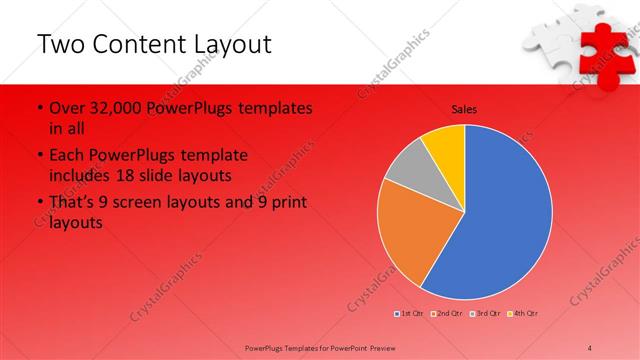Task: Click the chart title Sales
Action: click(x=464, y=108)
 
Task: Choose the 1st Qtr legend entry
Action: click(x=410, y=314)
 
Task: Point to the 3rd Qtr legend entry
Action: click(x=486, y=314)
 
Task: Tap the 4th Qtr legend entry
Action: click(x=524, y=314)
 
